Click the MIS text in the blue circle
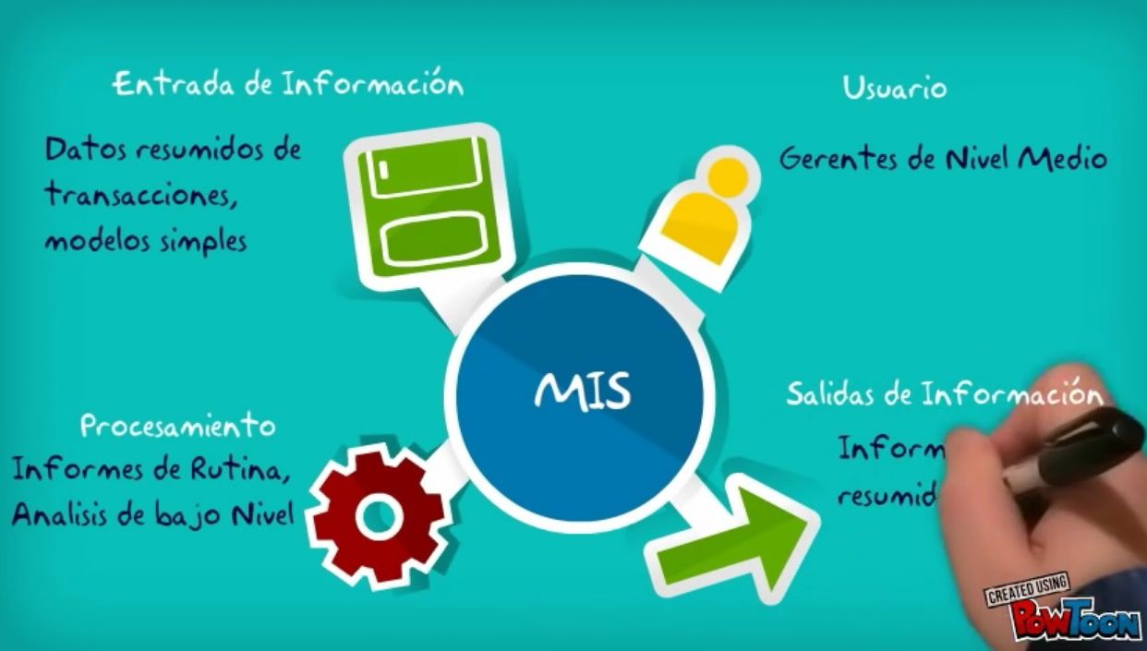click(x=582, y=392)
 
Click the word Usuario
click(x=894, y=89)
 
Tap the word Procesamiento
click(x=177, y=426)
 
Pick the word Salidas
click(x=829, y=395)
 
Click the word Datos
click(x=83, y=150)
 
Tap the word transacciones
click(x=136, y=196)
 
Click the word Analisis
click(x=59, y=514)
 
